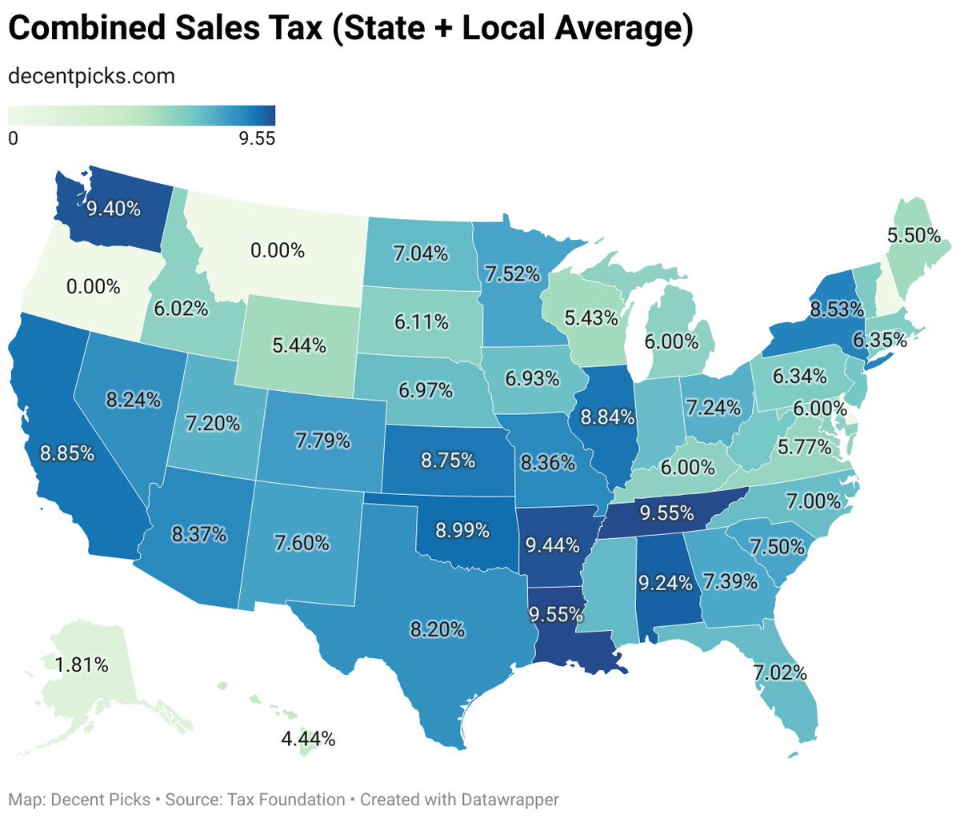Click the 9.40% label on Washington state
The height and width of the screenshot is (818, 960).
pos(114,209)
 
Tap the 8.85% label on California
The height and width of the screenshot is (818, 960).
pos(67,453)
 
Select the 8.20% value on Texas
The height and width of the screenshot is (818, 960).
pos(438,629)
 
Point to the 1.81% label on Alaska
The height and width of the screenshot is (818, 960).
pos(82,664)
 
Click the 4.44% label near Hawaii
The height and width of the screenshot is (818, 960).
pos(308,738)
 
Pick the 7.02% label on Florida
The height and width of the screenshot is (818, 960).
pos(780,672)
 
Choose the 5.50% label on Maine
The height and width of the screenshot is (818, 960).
pos(914,235)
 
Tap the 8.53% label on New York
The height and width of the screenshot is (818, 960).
pos(837,308)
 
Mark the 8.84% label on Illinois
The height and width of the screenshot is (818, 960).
pos(608,417)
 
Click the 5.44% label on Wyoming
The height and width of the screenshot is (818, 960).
pos(299,345)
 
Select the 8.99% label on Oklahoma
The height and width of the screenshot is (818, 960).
pos(462,529)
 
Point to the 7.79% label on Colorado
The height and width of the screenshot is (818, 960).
pos(323,441)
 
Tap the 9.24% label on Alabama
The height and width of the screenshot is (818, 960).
pos(666,583)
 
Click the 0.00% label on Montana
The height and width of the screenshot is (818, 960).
pos(278,250)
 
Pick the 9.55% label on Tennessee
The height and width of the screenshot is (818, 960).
pos(666,512)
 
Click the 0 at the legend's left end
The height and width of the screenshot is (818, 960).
pos(13,138)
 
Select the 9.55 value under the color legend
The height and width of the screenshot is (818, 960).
pos(257,138)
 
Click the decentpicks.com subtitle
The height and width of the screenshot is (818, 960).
pos(91,77)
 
